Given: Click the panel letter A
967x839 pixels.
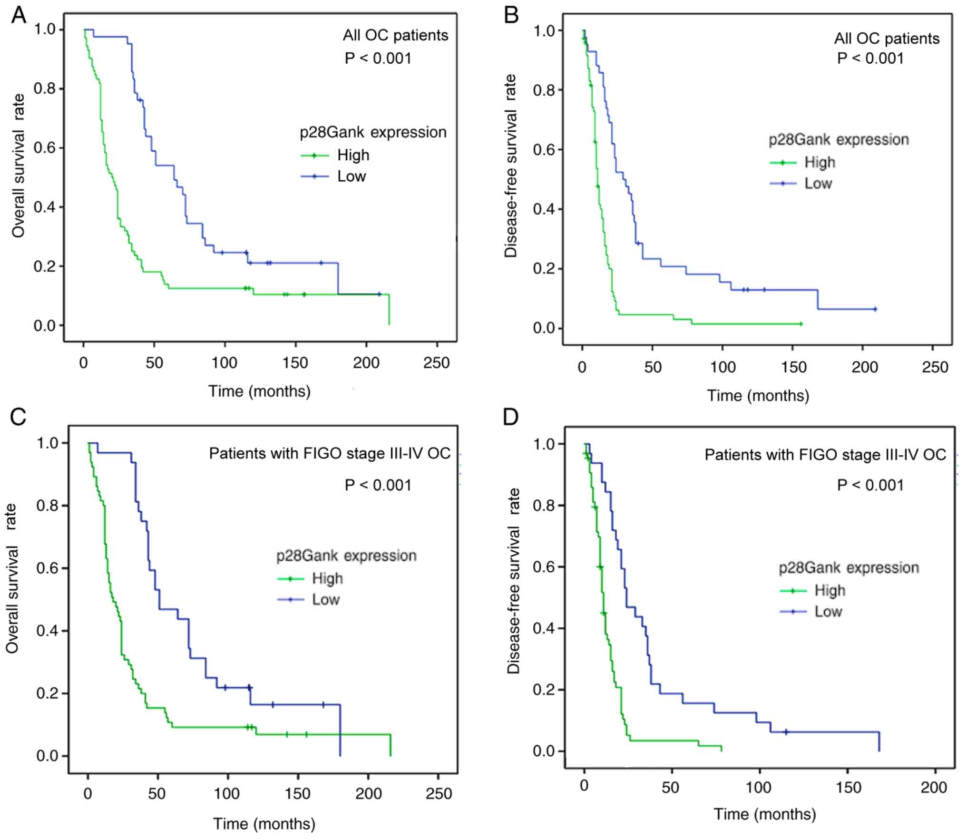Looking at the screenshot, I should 19,15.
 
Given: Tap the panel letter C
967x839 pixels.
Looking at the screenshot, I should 18,417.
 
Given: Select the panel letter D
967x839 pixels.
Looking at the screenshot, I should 511,417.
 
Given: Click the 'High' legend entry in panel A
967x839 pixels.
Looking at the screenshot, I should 353,155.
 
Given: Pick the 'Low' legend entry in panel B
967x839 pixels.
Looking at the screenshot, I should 818,184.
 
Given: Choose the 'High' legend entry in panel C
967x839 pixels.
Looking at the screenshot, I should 327,578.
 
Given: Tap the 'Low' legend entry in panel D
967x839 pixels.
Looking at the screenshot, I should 828,612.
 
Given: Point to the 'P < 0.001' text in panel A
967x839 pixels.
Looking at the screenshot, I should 378,59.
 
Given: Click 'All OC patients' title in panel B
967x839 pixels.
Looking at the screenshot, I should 887,38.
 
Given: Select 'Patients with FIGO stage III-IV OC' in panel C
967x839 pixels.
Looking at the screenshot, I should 330,453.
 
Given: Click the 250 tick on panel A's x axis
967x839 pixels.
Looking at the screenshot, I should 436,363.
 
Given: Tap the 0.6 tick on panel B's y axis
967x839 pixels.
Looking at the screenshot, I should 543,150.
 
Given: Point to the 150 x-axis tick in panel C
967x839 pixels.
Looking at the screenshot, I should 298,794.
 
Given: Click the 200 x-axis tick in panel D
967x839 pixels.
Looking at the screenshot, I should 933,788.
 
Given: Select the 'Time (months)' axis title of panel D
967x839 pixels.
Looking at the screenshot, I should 764,814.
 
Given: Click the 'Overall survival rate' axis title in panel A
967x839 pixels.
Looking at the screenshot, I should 18,166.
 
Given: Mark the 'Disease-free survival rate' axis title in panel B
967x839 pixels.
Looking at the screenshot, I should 511,166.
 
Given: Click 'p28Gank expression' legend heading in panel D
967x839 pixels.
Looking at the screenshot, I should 849,568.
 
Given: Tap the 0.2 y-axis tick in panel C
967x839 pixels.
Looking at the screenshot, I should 47,693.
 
